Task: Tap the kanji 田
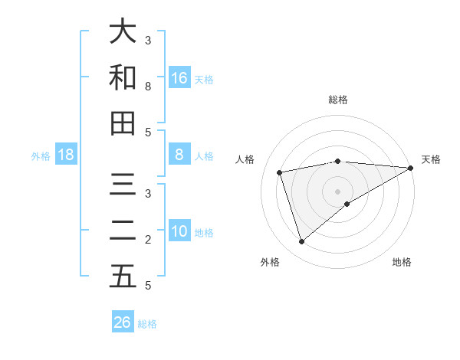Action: coord(123,123)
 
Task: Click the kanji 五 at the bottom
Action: coord(123,277)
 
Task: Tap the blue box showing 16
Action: coord(179,77)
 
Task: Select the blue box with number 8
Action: coord(179,155)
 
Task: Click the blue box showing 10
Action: coord(179,231)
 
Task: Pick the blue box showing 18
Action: coord(66,155)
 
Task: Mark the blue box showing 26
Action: coord(123,322)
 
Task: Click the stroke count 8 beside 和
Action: coord(148,87)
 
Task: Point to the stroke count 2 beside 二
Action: coord(148,240)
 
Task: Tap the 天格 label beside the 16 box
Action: coord(204,79)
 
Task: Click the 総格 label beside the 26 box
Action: coord(147,324)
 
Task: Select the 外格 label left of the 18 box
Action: coord(41,156)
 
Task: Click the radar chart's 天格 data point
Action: coord(410,169)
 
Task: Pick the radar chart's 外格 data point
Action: coord(301,242)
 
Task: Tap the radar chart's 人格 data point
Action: coord(281,172)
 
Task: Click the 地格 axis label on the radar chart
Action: coord(402,263)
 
